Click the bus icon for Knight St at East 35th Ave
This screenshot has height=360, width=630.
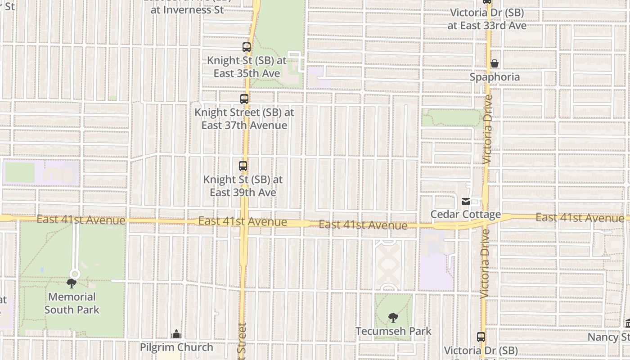(246, 47)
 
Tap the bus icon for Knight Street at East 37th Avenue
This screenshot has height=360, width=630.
(244, 99)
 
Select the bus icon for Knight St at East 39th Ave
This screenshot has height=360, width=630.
(243, 166)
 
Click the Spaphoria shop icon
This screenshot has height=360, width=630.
(495, 63)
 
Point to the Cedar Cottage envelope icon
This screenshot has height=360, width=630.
(466, 201)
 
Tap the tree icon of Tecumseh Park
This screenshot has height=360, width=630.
(393, 318)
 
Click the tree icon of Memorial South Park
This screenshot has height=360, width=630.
(71, 283)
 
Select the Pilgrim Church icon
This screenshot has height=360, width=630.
(176, 334)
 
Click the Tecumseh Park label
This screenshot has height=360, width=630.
(393, 331)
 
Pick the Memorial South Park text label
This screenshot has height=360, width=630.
(72, 303)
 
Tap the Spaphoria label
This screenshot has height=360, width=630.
(495, 77)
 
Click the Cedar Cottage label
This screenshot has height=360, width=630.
(466, 214)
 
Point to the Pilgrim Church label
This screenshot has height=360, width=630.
(176, 347)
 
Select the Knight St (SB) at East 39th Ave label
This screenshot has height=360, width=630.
(243, 186)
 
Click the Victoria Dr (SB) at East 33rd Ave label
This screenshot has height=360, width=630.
(487, 19)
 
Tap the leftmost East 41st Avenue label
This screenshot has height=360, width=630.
(81, 220)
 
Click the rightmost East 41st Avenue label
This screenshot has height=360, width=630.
(580, 218)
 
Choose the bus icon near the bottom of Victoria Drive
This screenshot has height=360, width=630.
(481, 337)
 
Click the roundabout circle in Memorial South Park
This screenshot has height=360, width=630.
(75, 274)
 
